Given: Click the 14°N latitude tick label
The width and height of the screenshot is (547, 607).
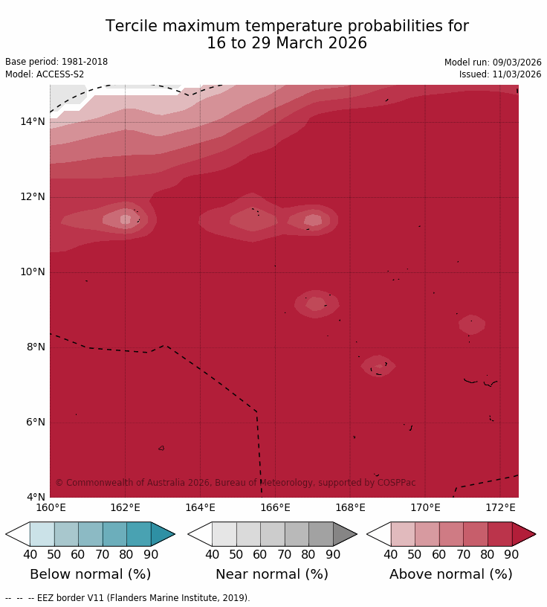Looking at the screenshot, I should coord(32,121).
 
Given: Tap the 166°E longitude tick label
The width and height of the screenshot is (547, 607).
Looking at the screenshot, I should coord(275,508).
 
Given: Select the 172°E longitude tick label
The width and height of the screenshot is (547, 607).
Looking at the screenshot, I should coord(500,508).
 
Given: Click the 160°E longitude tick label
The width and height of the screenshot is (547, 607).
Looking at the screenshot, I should coord(51,508).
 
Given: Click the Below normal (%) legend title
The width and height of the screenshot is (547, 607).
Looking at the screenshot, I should coord(90,574).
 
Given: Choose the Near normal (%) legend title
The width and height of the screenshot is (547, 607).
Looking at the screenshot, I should coord(272,574).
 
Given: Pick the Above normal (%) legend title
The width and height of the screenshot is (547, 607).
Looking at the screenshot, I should coord(450,574).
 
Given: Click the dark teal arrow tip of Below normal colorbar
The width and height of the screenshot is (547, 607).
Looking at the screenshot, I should coord(164,534).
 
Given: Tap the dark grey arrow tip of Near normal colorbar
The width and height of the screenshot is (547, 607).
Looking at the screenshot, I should coord(346,534).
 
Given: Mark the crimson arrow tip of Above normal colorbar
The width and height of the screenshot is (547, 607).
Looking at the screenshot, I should coord(524,534).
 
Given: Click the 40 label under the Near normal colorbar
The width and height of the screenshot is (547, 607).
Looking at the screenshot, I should coord(212,554).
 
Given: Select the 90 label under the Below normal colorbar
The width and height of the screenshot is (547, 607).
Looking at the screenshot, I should coord(151,554).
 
